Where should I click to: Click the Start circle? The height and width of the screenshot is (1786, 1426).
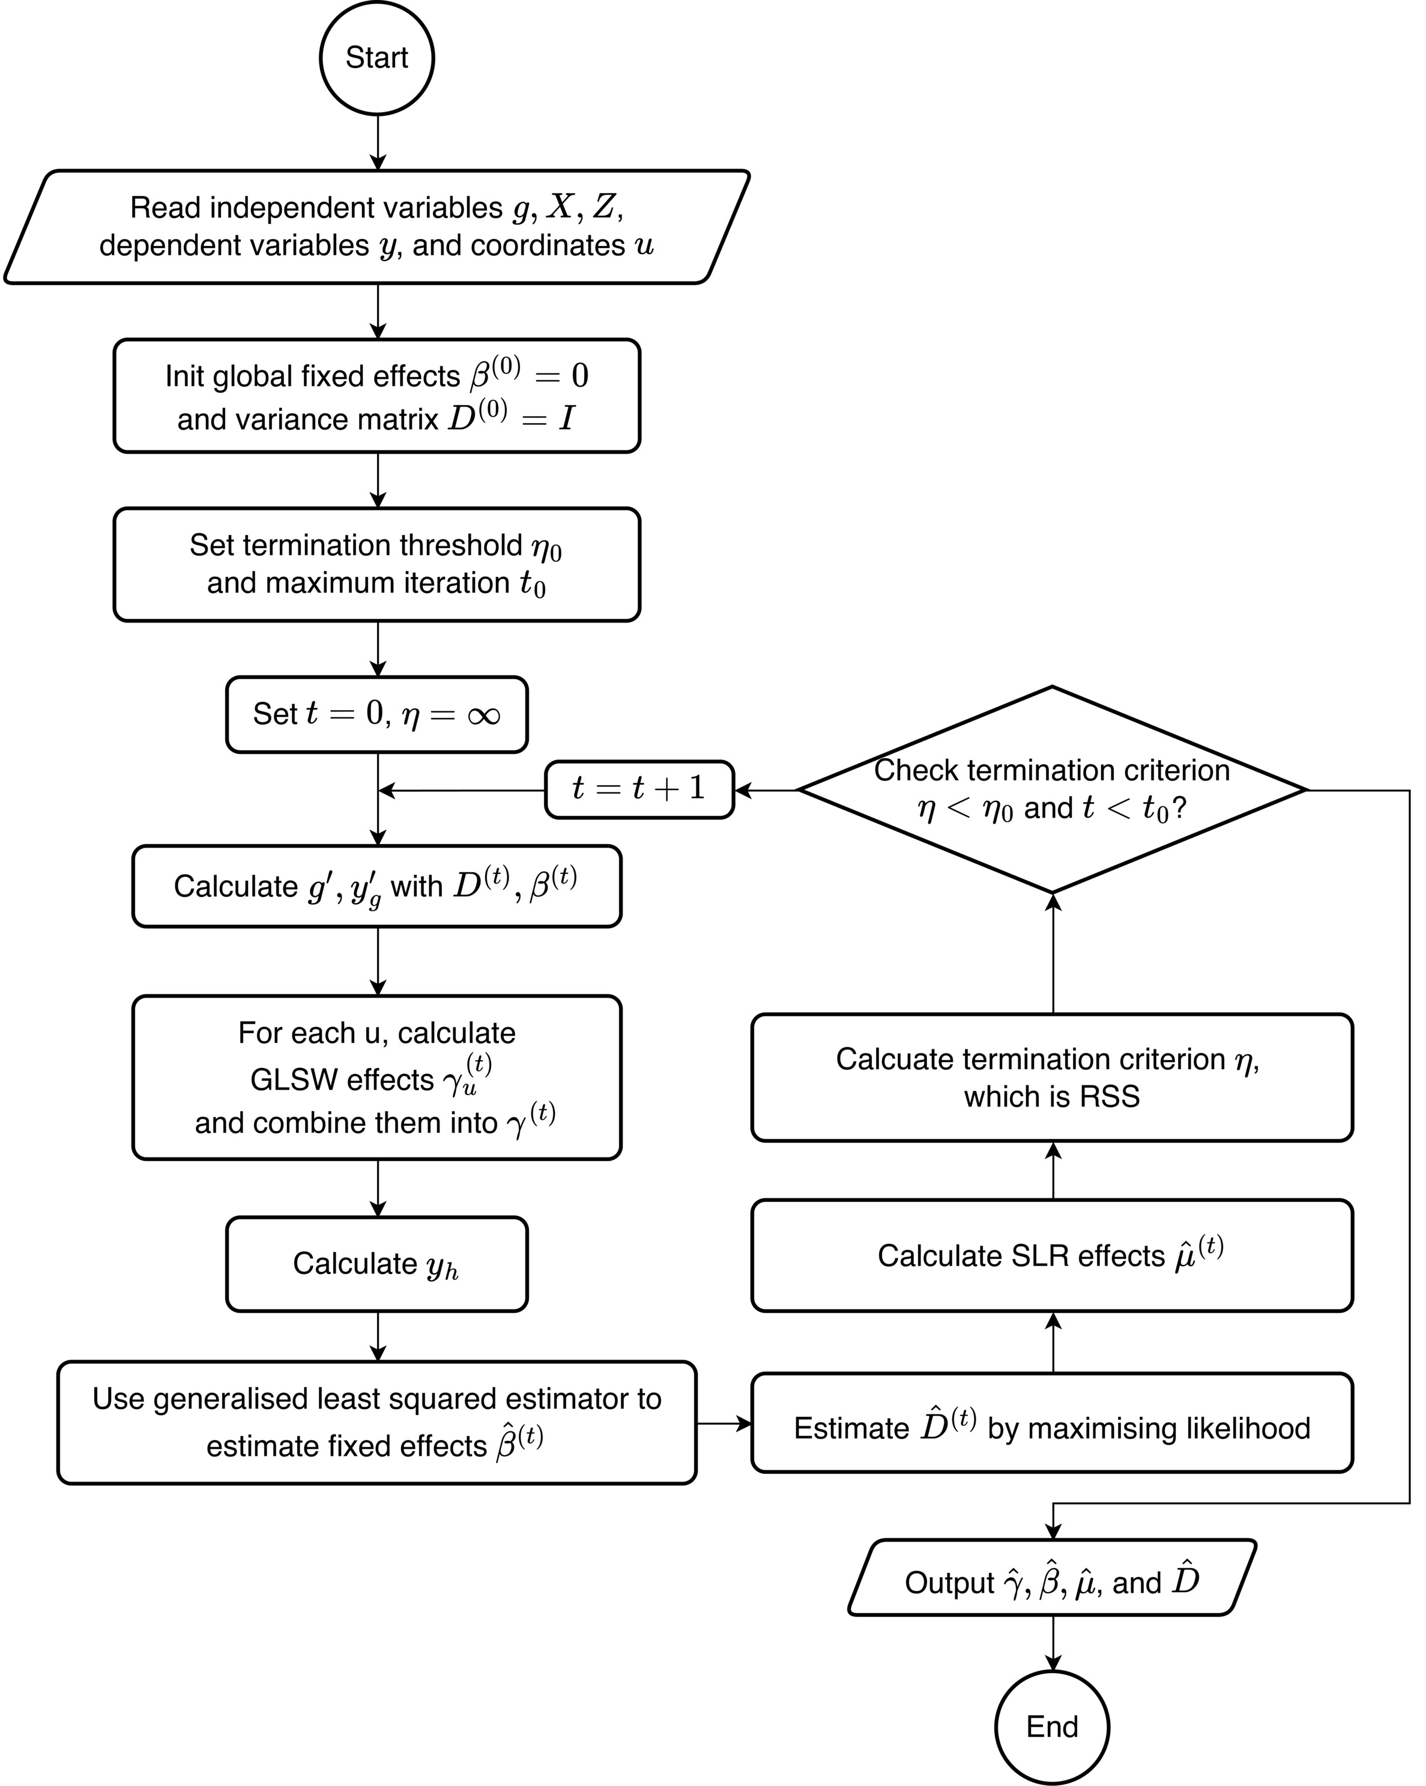click(x=376, y=58)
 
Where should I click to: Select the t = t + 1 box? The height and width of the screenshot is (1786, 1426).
click(x=639, y=789)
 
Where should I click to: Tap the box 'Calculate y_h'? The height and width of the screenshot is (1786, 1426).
click(x=376, y=1264)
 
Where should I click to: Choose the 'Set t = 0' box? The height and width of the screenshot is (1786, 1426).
click(x=376, y=714)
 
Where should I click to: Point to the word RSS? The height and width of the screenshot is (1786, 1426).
click(x=1110, y=1097)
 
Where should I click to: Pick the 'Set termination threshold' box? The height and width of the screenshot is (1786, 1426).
click(x=376, y=564)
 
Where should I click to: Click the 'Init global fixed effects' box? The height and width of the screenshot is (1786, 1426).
click(x=376, y=396)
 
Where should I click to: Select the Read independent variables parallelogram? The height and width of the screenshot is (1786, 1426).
click(x=376, y=227)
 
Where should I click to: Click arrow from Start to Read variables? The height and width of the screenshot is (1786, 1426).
click(x=378, y=142)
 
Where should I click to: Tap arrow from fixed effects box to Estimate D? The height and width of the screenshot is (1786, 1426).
click(x=724, y=1423)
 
